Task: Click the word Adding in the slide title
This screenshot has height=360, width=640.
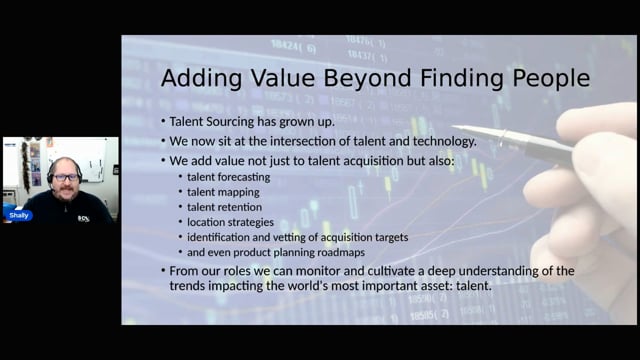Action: (x=201, y=78)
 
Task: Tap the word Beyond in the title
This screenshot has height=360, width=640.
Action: (x=367, y=78)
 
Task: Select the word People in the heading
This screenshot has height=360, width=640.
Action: (x=551, y=78)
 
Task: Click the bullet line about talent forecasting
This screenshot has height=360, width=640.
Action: (x=229, y=177)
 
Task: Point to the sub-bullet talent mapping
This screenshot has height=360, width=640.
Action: (x=223, y=192)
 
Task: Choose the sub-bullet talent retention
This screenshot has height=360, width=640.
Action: (x=224, y=207)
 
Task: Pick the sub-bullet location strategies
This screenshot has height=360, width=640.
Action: (x=230, y=222)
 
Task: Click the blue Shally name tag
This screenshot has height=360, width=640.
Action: (x=19, y=216)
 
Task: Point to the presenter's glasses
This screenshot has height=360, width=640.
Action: (x=65, y=178)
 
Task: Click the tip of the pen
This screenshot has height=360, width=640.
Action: (x=453, y=127)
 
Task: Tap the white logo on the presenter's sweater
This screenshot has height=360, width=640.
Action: (x=84, y=219)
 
